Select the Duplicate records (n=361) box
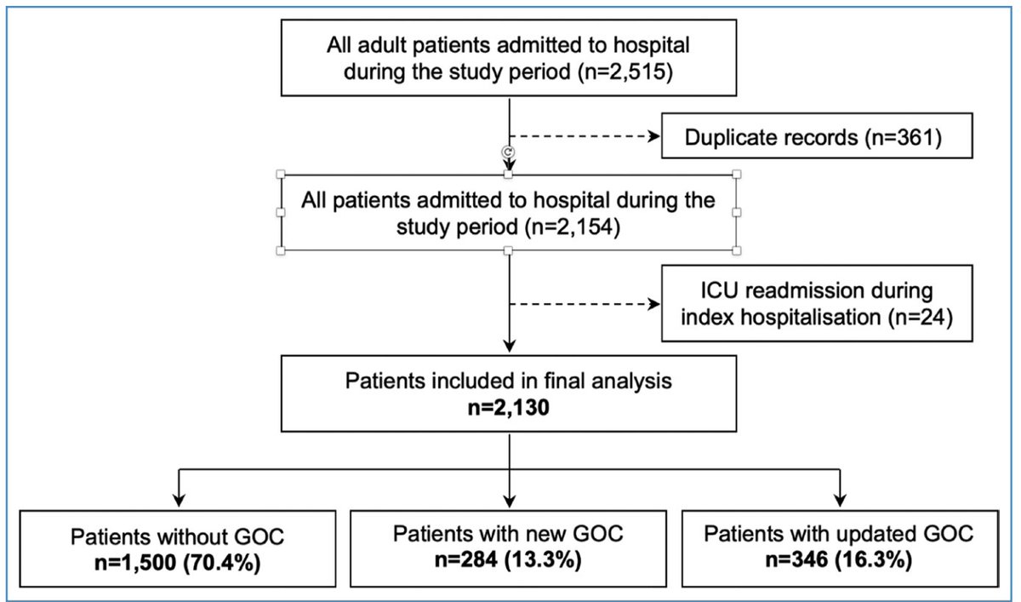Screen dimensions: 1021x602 coord(817,136)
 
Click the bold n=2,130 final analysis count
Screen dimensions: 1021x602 coord(509,407)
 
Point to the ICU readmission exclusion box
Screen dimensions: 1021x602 coord(817,303)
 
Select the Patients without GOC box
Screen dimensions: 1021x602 coord(178,548)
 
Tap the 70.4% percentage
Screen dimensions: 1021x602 coord(222,563)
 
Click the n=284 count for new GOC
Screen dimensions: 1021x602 coord(466,559)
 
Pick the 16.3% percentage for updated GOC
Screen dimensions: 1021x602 coord(873,559)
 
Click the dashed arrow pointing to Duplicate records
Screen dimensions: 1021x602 coord(585,136)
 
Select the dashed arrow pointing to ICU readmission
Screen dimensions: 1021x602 coord(585,304)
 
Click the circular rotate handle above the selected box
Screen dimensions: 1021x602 coord(508,152)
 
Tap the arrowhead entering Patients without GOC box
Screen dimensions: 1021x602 coord(179,501)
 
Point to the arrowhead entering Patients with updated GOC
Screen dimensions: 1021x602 coord(840,501)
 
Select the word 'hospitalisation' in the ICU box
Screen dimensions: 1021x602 coord(810,318)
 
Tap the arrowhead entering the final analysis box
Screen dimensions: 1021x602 coord(509,346)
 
